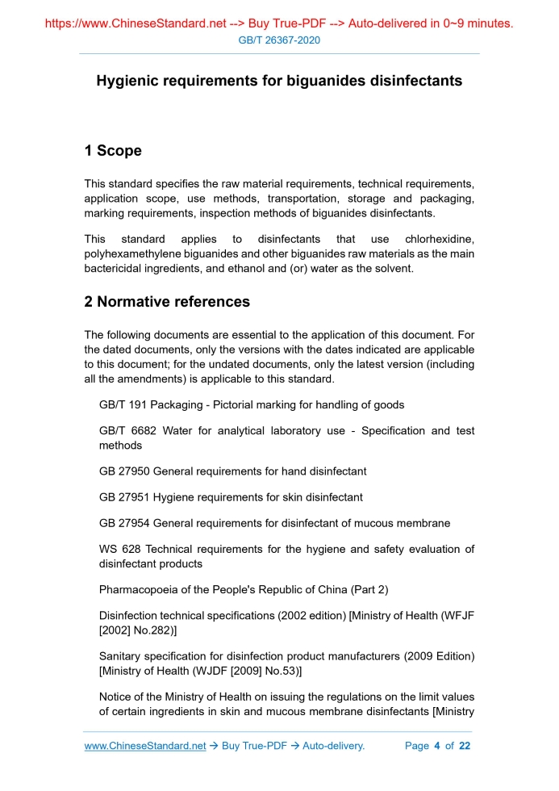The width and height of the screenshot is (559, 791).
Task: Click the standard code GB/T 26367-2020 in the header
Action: (x=279, y=40)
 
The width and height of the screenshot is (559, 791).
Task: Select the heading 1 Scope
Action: (x=113, y=151)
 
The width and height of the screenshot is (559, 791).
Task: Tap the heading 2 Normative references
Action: (x=167, y=302)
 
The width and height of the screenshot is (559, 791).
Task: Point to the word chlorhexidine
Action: (x=439, y=240)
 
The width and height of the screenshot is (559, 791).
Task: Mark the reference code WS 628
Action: (x=119, y=550)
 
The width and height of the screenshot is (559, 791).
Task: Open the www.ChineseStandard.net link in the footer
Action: (x=145, y=746)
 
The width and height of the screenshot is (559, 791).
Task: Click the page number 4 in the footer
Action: (x=436, y=746)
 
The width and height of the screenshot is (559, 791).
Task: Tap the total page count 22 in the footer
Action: (x=464, y=746)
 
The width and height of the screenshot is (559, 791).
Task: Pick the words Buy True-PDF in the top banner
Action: (x=284, y=23)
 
